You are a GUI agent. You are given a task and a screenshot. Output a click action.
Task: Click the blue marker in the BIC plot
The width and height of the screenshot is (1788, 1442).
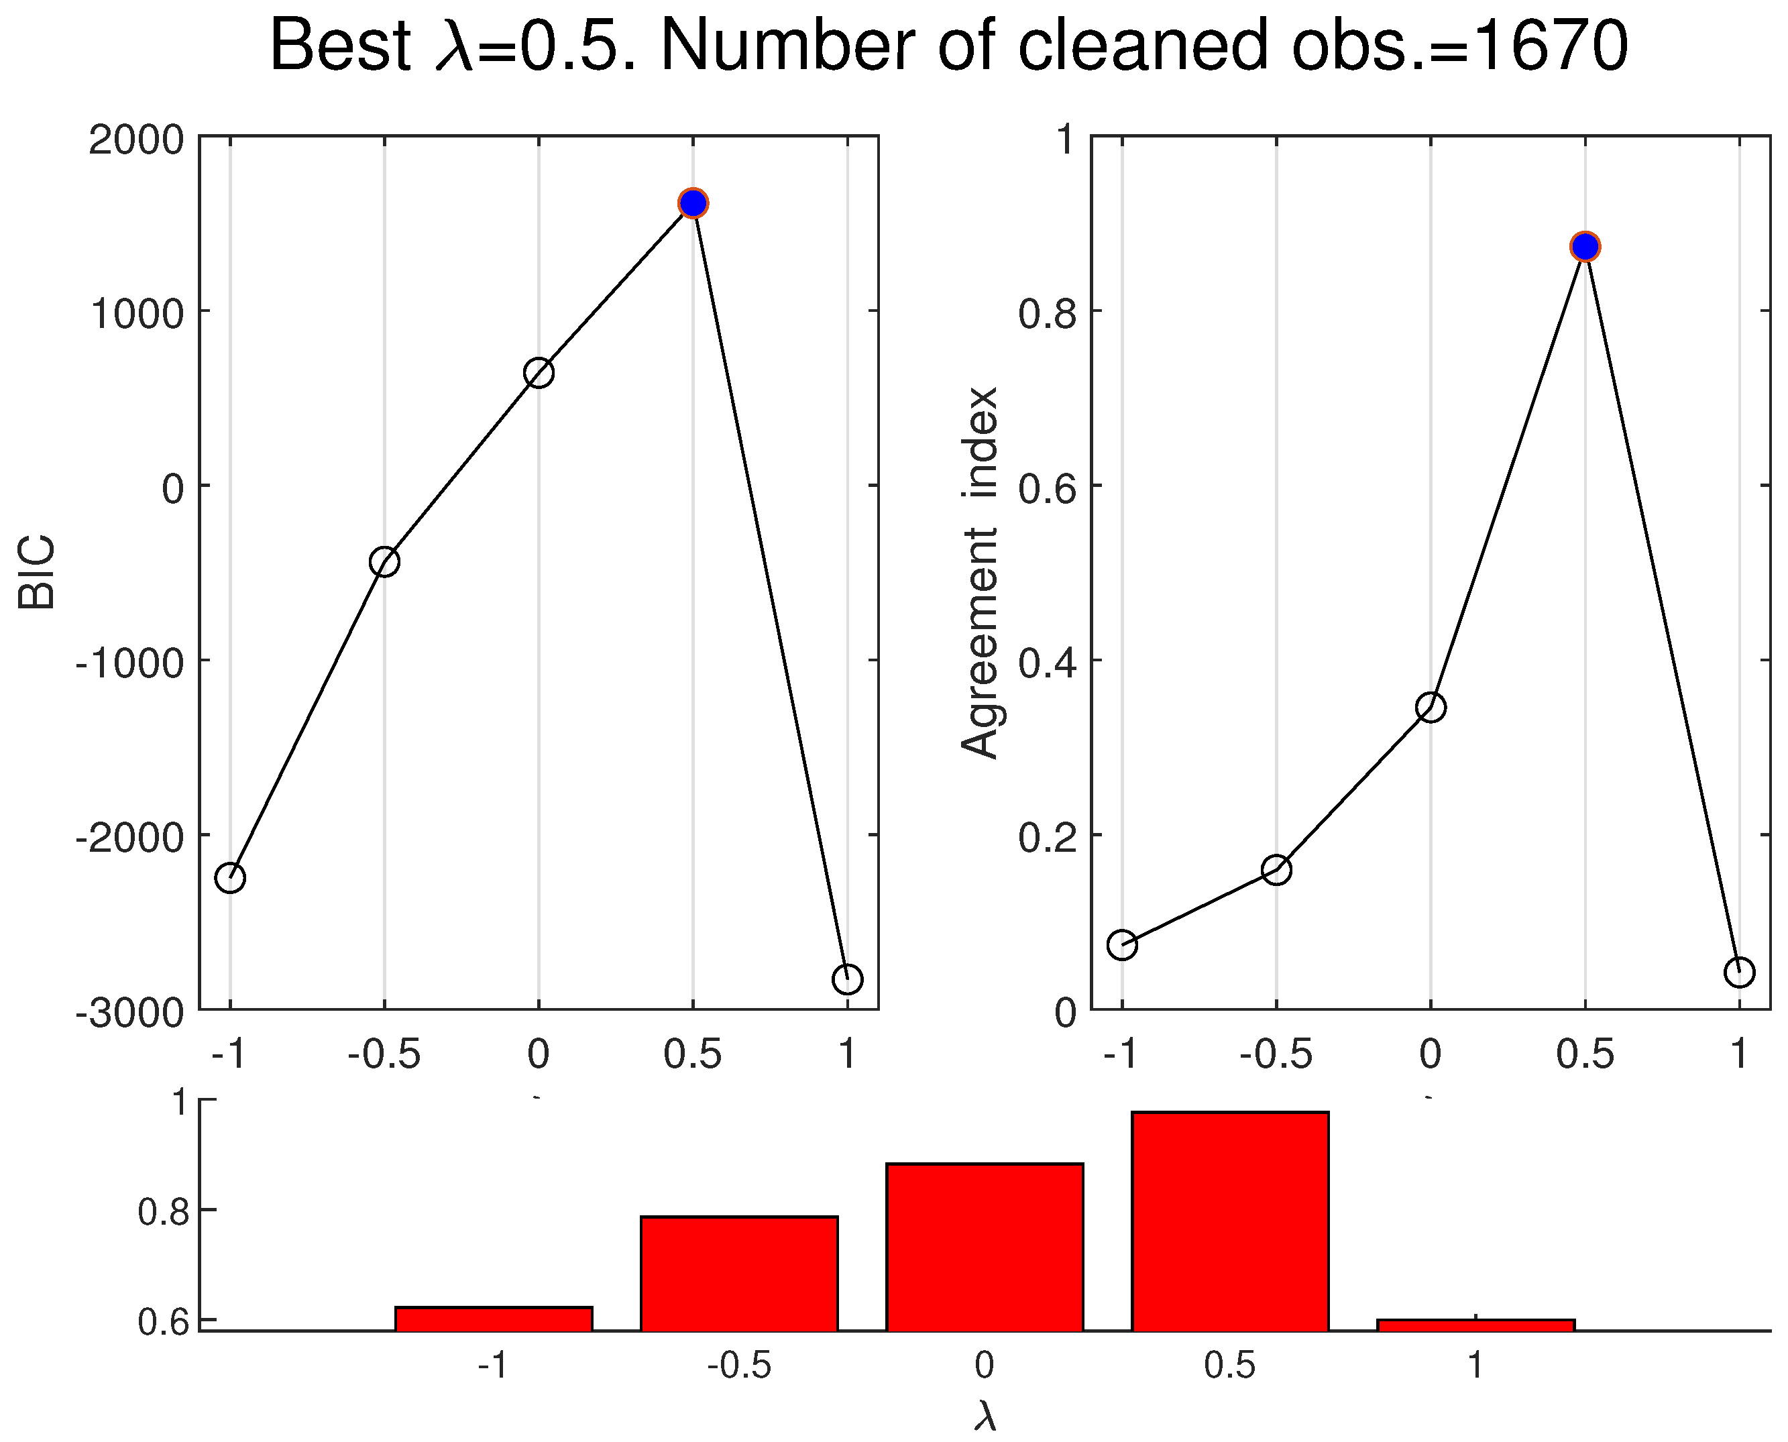(693, 203)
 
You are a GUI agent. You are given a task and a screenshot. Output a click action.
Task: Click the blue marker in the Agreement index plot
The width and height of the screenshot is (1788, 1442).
(1585, 247)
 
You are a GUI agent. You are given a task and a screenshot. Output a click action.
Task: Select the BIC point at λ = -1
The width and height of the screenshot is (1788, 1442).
(230, 878)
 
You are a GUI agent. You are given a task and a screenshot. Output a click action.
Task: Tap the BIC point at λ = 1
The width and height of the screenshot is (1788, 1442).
(847, 979)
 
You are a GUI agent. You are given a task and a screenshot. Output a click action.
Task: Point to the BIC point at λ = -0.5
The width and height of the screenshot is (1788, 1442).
(384, 561)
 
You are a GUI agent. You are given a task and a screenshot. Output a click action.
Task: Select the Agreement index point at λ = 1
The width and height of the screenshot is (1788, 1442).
(1739, 972)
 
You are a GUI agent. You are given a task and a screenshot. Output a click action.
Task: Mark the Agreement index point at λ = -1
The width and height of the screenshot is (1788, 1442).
(1122, 944)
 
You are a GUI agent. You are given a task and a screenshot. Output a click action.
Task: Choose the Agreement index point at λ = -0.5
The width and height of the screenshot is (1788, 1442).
(1276, 870)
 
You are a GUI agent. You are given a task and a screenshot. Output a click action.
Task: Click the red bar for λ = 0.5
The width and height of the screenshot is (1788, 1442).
(1230, 1221)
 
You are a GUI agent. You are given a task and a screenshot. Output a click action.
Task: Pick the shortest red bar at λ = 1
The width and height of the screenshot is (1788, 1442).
(1475, 1325)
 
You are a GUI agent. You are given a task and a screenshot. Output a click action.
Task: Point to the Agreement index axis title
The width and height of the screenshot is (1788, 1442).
(980, 573)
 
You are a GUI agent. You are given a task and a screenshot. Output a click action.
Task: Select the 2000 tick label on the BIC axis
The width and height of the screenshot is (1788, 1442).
(136, 140)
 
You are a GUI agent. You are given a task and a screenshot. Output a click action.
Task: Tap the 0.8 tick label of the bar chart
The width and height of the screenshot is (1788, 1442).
(164, 1213)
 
